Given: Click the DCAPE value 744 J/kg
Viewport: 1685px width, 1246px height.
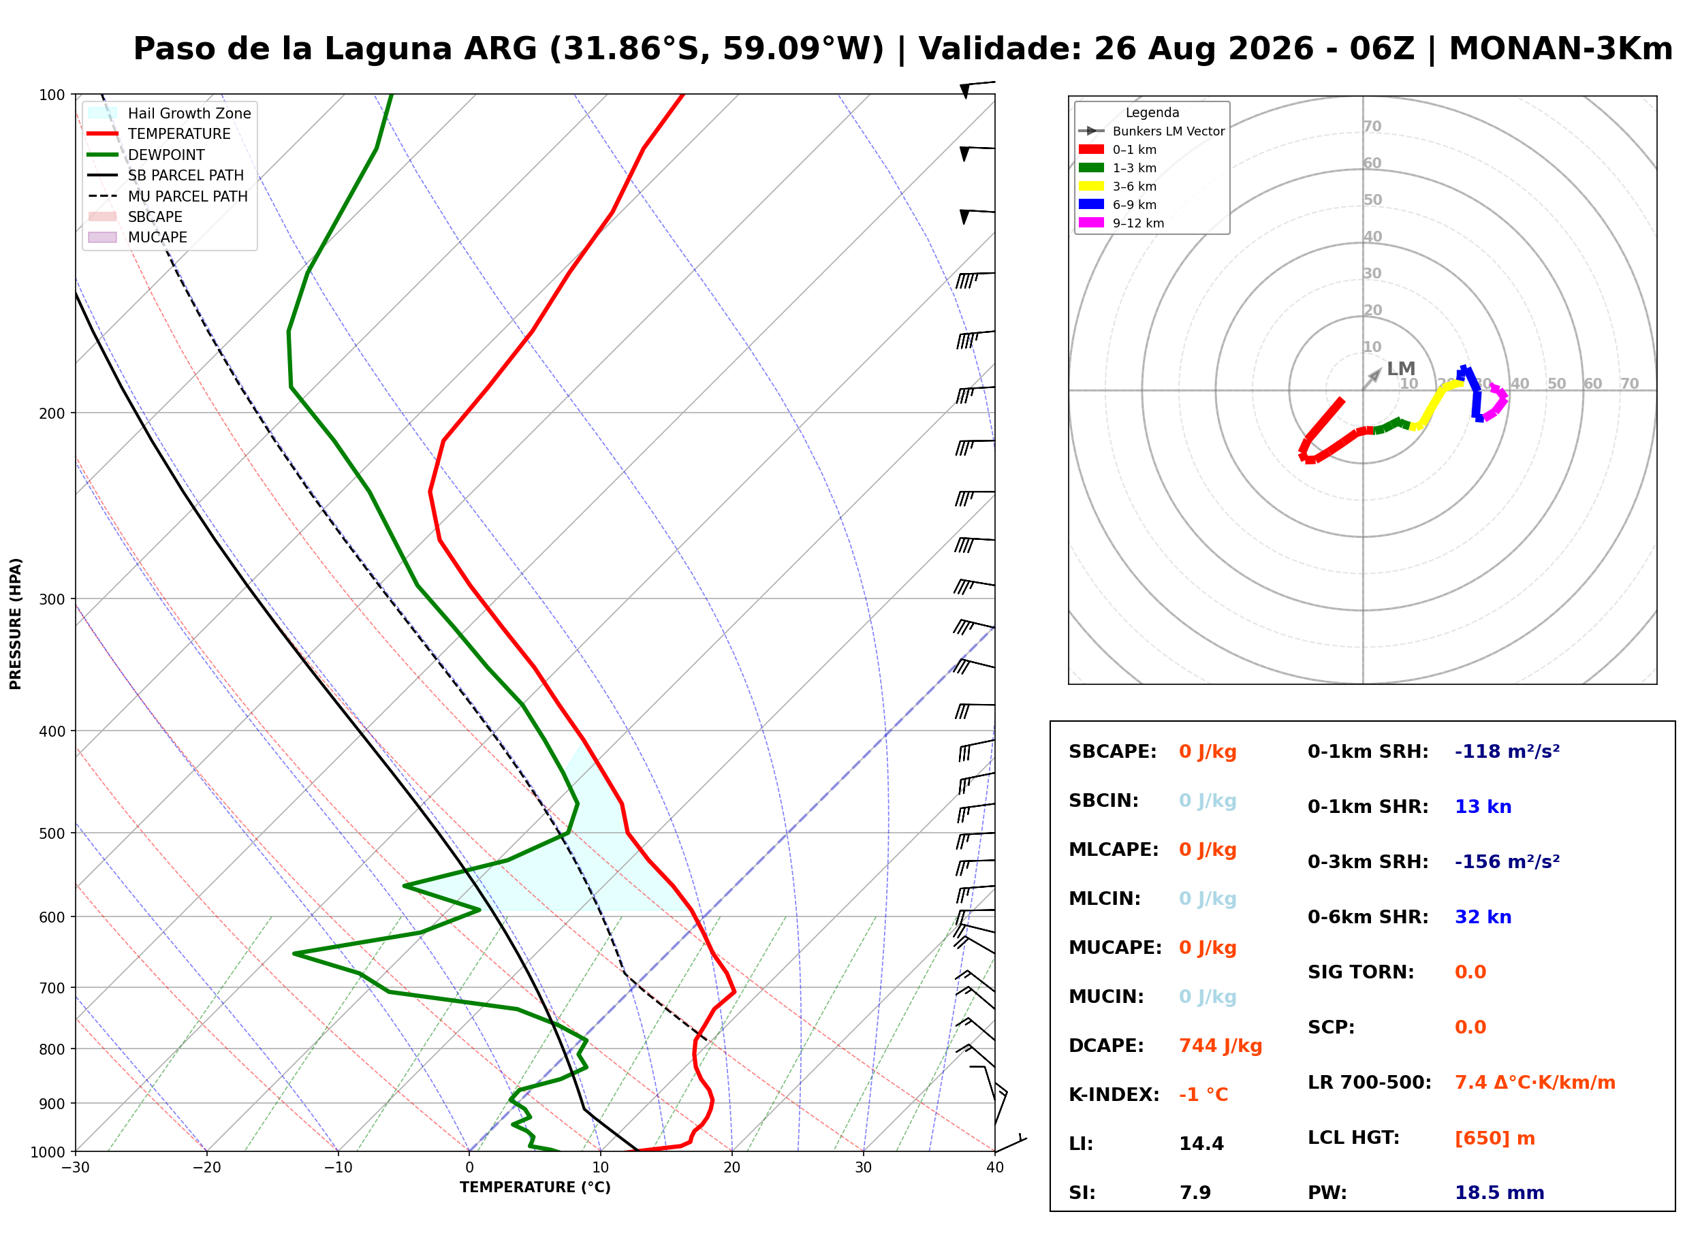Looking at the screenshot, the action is tap(1221, 1046).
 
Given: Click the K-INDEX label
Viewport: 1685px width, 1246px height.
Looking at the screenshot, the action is tap(1114, 1095).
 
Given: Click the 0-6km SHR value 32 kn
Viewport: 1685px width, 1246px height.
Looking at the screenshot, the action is tap(1483, 917).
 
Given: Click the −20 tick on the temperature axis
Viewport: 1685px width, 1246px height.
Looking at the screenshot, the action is tap(206, 1168).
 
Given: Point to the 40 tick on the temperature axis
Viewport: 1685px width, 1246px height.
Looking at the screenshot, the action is tap(995, 1168).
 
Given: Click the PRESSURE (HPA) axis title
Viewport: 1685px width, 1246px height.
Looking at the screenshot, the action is tap(16, 624).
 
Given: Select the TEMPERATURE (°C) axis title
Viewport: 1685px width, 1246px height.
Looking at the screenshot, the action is tap(535, 1188).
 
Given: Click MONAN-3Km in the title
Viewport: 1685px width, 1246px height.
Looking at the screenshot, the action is tap(1560, 49).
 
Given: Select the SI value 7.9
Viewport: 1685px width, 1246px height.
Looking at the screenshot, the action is tap(1195, 1193).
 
